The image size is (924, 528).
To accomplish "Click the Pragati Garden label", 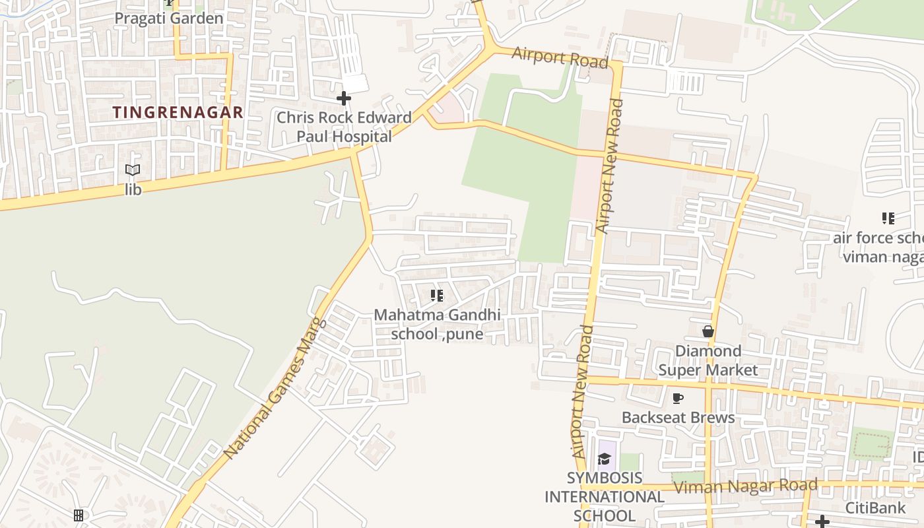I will coord(169,18).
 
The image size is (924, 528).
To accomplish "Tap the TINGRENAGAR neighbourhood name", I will coord(178,112).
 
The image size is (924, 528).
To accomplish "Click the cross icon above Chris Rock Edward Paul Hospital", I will coord(343,98).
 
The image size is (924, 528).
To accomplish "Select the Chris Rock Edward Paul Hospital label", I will coord(344,127).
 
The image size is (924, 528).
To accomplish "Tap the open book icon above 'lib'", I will coord(133,170).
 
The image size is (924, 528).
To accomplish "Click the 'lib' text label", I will coord(133,189).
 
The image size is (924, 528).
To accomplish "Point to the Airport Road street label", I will coord(559,57).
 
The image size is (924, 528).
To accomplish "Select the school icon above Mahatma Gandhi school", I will coord(436,295).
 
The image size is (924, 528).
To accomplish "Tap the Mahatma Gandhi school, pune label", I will coord(437,324).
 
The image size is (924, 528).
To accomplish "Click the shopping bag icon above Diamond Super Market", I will coord(708,331).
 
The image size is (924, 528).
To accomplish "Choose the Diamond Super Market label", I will coord(708,360).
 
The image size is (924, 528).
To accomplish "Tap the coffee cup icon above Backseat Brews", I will coord(677,398).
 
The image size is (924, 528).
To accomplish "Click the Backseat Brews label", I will coord(678,417).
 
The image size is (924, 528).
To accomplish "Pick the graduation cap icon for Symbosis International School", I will coord(604,459).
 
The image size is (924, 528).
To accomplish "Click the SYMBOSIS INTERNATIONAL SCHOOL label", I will coord(604,496).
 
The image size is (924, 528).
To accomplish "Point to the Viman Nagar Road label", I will coord(745,486).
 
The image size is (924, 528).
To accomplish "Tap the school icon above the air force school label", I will coord(888,218).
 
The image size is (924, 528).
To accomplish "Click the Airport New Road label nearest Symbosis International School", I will coord(579,392).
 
